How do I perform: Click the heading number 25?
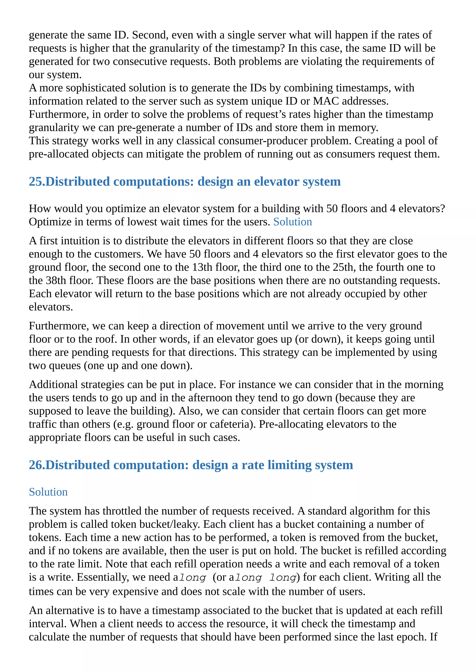coord(36,182)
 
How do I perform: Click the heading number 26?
coord(36,465)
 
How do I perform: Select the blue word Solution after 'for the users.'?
coord(293,222)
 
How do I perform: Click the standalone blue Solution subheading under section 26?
coord(48,492)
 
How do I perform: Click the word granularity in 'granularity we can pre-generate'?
coord(54,128)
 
